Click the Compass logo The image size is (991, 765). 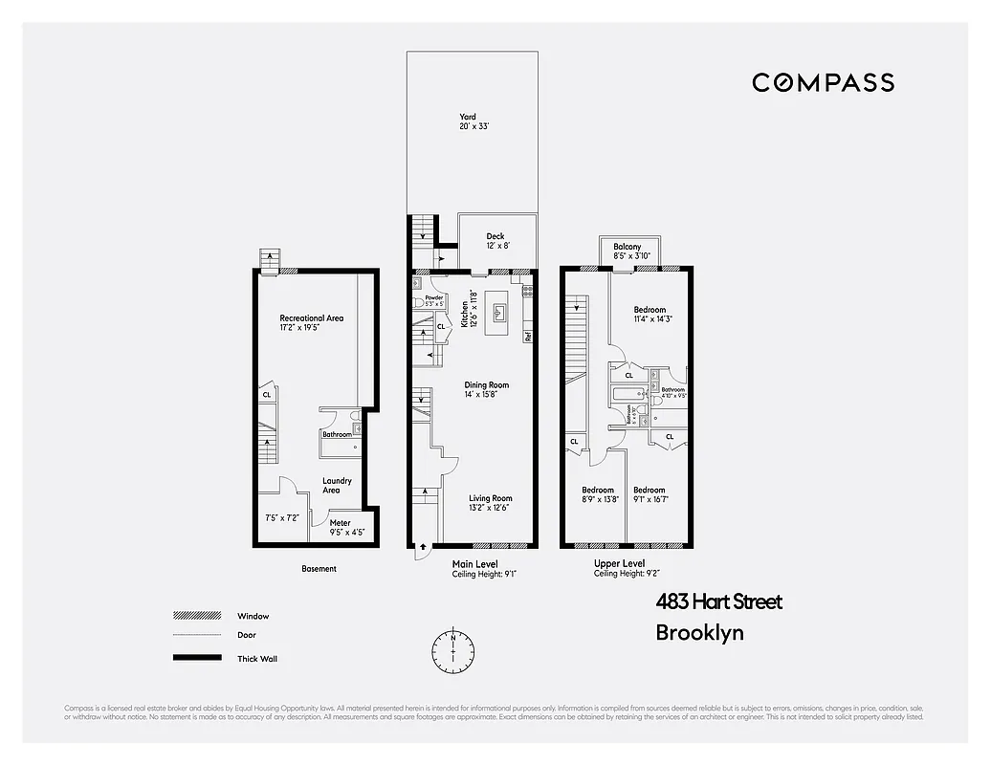click(x=823, y=82)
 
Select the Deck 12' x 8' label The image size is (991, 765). click(x=495, y=241)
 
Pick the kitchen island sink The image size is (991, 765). click(x=498, y=312)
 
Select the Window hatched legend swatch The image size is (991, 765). click(x=197, y=616)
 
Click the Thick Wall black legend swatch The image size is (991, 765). click(x=197, y=658)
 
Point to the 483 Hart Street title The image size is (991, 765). click(x=718, y=601)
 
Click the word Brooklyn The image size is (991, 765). click(x=699, y=632)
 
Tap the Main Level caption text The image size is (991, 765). click(x=474, y=564)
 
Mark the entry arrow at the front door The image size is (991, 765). click(x=421, y=552)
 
